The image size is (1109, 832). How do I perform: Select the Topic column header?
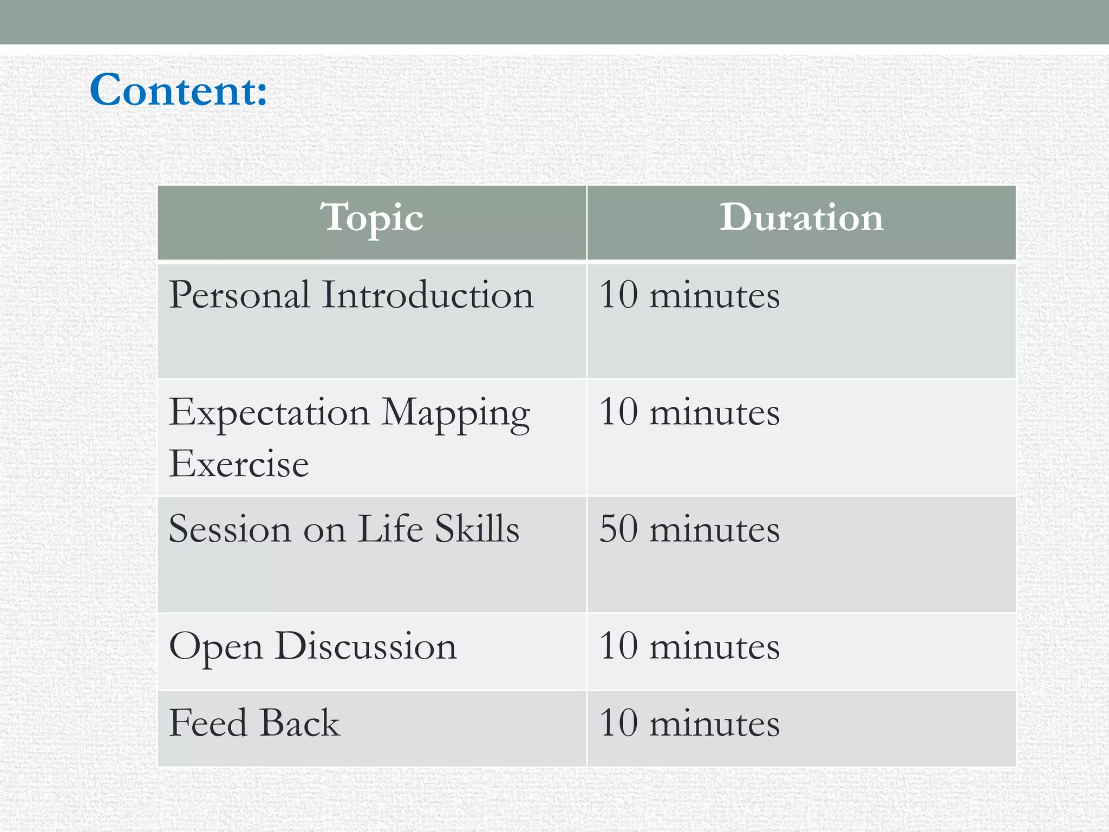[371, 218]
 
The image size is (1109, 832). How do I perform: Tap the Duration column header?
[801, 218]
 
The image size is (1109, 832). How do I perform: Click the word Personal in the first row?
[239, 295]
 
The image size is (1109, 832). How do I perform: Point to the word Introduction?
[428, 295]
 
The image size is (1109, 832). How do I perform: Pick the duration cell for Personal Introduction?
[689, 295]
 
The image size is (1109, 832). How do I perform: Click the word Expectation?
[269, 413]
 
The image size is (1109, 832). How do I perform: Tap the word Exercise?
[239, 464]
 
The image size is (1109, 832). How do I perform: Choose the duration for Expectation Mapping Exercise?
[689, 413]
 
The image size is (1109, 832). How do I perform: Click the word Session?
[230, 529]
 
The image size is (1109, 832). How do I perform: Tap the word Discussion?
[366, 646]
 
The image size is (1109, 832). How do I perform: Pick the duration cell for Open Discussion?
[689, 646]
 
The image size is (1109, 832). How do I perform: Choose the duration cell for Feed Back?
[689, 723]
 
